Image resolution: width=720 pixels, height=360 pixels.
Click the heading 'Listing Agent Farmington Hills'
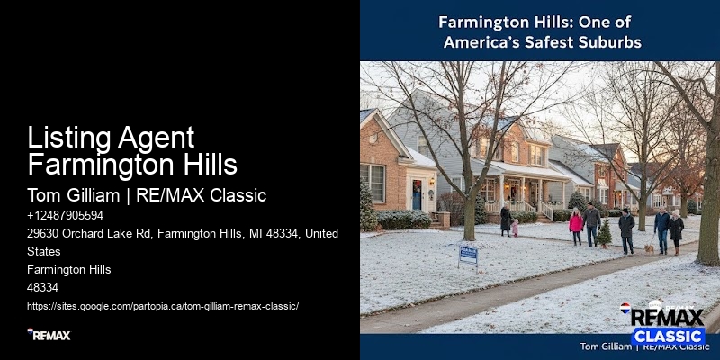(x=132, y=151)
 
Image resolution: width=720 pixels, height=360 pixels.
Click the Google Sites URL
(x=162, y=305)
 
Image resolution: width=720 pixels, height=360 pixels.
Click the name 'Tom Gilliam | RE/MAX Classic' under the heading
(x=147, y=195)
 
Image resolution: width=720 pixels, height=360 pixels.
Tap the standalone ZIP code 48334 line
(x=42, y=287)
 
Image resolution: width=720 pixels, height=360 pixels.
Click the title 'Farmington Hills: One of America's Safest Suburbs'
(x=540, y=31)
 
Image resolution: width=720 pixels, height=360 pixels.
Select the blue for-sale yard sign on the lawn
(x=468, y=254)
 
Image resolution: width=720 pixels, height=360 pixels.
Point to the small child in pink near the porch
(x=516, y=227)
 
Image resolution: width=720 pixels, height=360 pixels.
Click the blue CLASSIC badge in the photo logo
(x=667, y=336)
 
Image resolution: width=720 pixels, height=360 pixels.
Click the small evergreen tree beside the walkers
(x=605, y=232)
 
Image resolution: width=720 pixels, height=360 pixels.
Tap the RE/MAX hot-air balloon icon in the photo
(x=625, y=310)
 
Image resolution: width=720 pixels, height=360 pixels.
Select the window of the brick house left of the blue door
(x=373, y=182)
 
